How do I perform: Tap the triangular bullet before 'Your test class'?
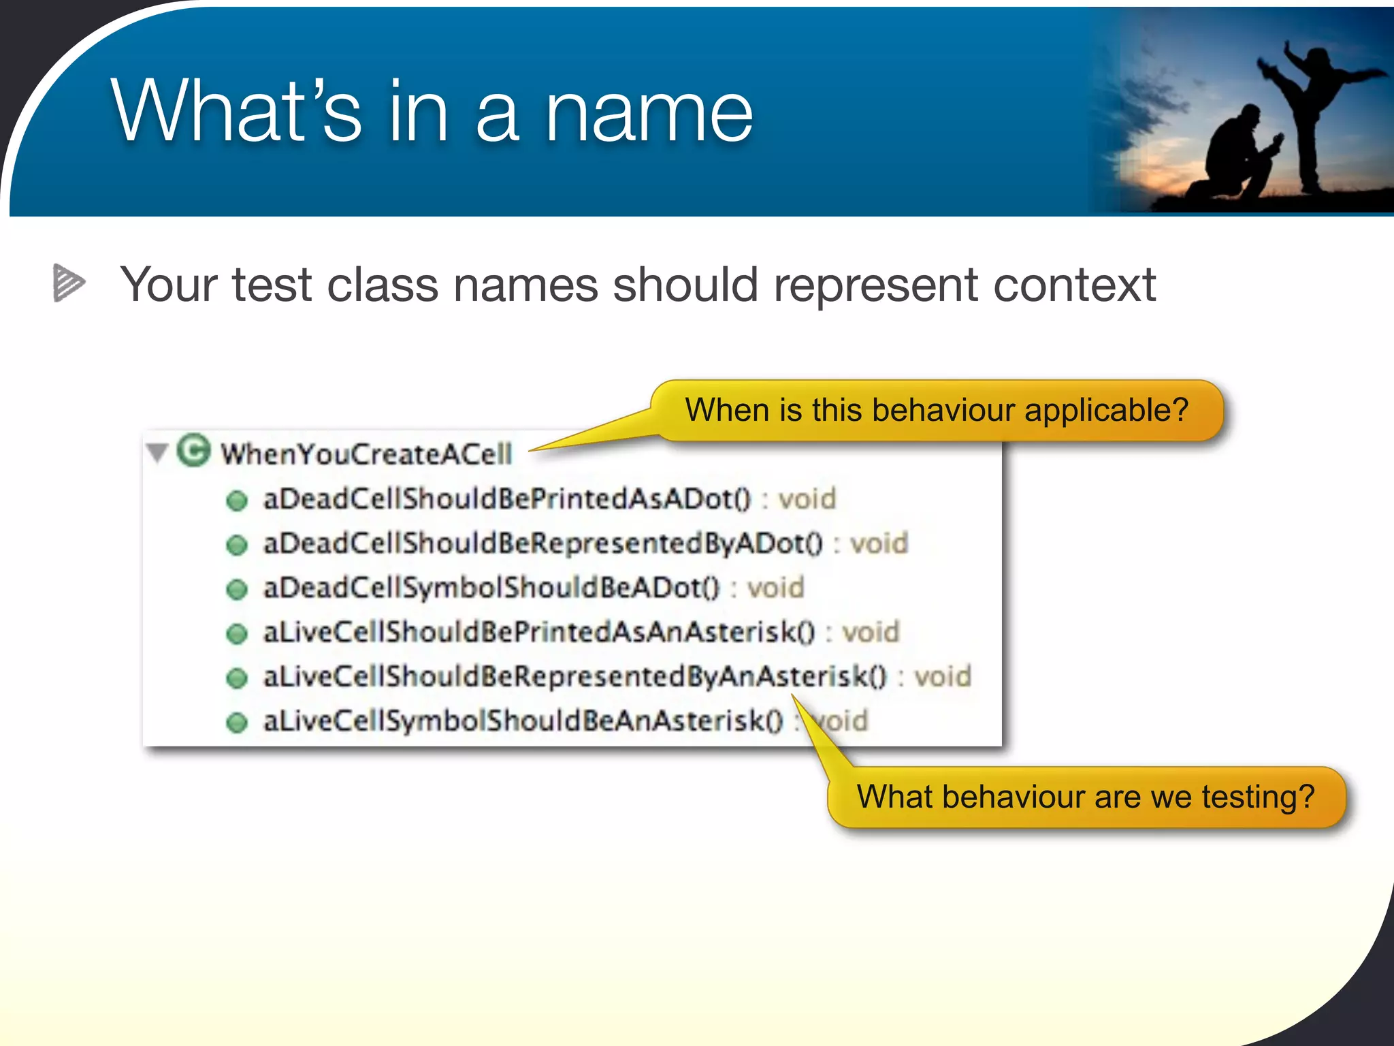68,282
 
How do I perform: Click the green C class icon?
193,450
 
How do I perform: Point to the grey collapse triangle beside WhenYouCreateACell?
157,452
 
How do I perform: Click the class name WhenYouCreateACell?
366,454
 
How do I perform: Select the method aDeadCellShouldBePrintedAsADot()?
506,499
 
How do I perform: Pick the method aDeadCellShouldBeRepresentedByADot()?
542,543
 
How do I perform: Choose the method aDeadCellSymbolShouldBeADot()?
491,588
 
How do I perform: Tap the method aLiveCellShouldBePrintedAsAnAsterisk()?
538,632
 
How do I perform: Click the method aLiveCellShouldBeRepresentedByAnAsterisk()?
574,676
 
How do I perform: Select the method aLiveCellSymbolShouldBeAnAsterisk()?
523,720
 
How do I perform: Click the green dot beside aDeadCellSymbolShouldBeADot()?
236,589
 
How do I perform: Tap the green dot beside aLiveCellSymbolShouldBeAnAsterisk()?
236,722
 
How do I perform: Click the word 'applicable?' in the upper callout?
1106,411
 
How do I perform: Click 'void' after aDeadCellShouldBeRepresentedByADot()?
879,543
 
